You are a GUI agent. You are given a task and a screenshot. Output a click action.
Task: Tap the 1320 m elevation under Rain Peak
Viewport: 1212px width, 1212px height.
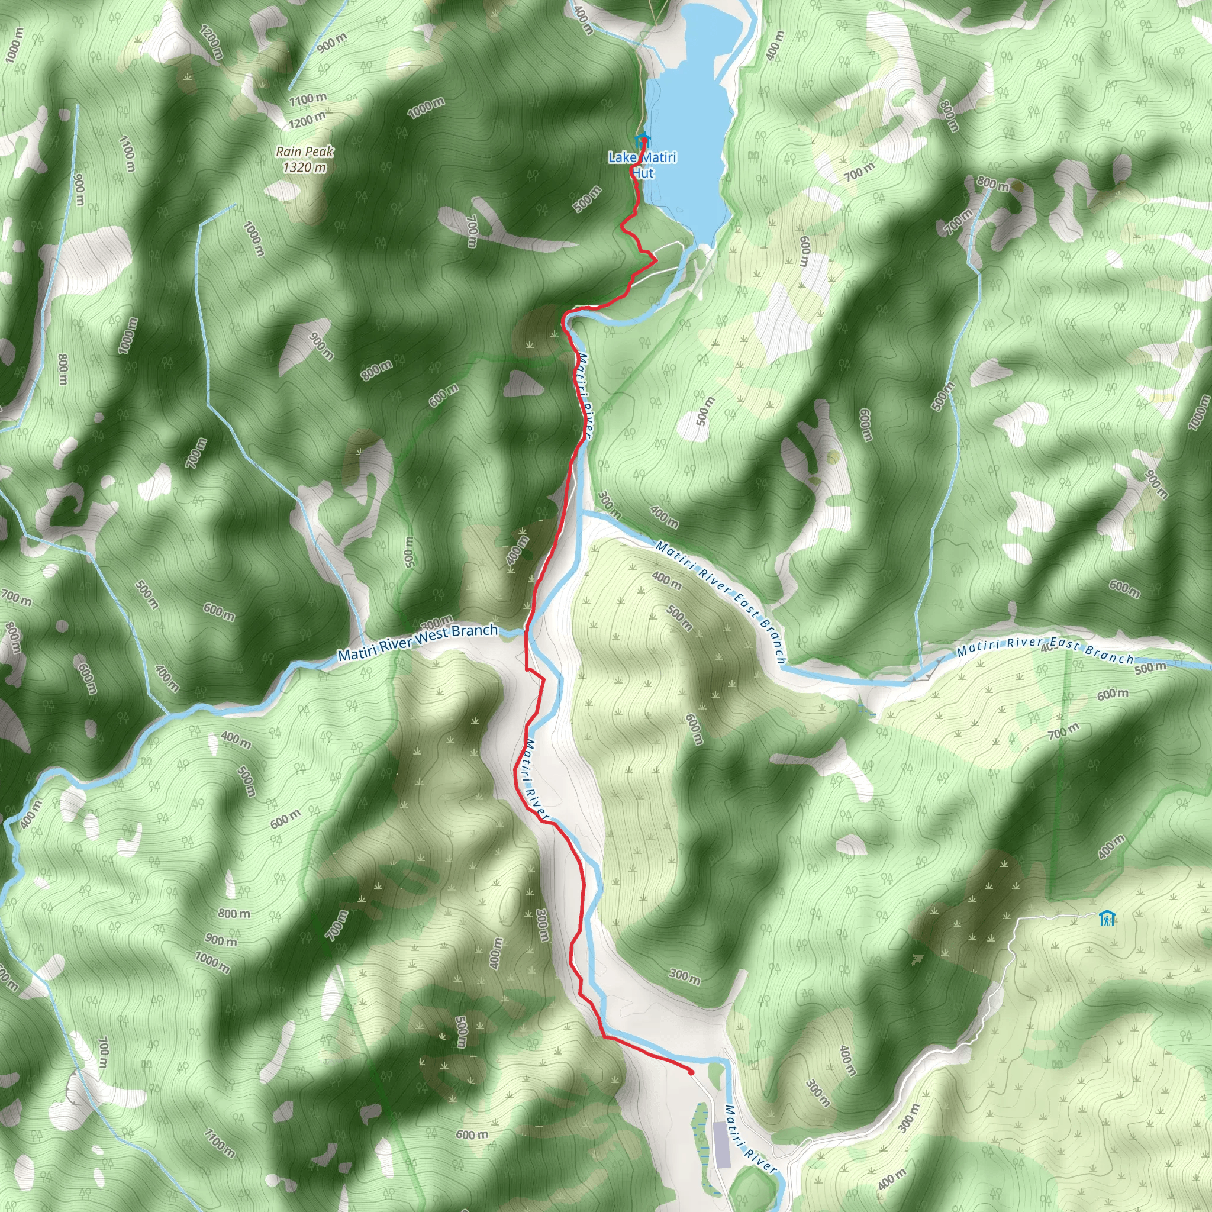pyautogui.click(x=304, y=167)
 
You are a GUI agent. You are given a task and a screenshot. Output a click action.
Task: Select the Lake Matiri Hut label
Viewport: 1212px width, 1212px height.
pyautogui.click(x=642, y=165)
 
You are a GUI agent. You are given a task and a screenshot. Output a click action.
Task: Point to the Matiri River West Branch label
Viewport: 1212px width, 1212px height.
pyautogui.click(x=418, y=642)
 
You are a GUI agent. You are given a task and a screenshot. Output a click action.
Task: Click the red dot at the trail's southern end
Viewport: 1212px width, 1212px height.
pyautogui.click(x=691, y=1072)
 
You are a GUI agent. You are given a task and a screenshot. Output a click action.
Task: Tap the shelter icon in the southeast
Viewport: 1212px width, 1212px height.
pyautogui.click(x=1107, y=919)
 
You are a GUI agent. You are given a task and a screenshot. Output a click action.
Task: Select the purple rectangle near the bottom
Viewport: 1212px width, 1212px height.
pyautogui.click(x=722, y=1145)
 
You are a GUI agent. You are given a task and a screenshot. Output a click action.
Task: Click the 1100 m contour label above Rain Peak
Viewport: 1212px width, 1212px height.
pyautogui.click(x=308, y=98)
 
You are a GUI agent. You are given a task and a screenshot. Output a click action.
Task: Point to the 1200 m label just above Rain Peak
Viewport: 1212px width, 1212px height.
pyautogui.click(x=307, y=118)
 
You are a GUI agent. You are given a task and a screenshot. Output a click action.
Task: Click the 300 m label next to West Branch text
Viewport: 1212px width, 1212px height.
pyautogui.click(x=437, y=624)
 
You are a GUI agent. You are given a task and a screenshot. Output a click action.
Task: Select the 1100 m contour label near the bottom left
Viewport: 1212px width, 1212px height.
pyautogui.click(x=220, y=1141)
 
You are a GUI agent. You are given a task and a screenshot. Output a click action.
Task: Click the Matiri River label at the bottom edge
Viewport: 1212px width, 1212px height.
pyautogui.click(x=750, y=1139)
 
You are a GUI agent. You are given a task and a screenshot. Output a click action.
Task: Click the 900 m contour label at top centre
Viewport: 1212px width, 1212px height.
pyautogui.click(x=332, y=43)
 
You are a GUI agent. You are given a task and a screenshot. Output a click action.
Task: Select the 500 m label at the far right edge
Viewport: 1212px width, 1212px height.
pyautogui.click(x=1150, y=668)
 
